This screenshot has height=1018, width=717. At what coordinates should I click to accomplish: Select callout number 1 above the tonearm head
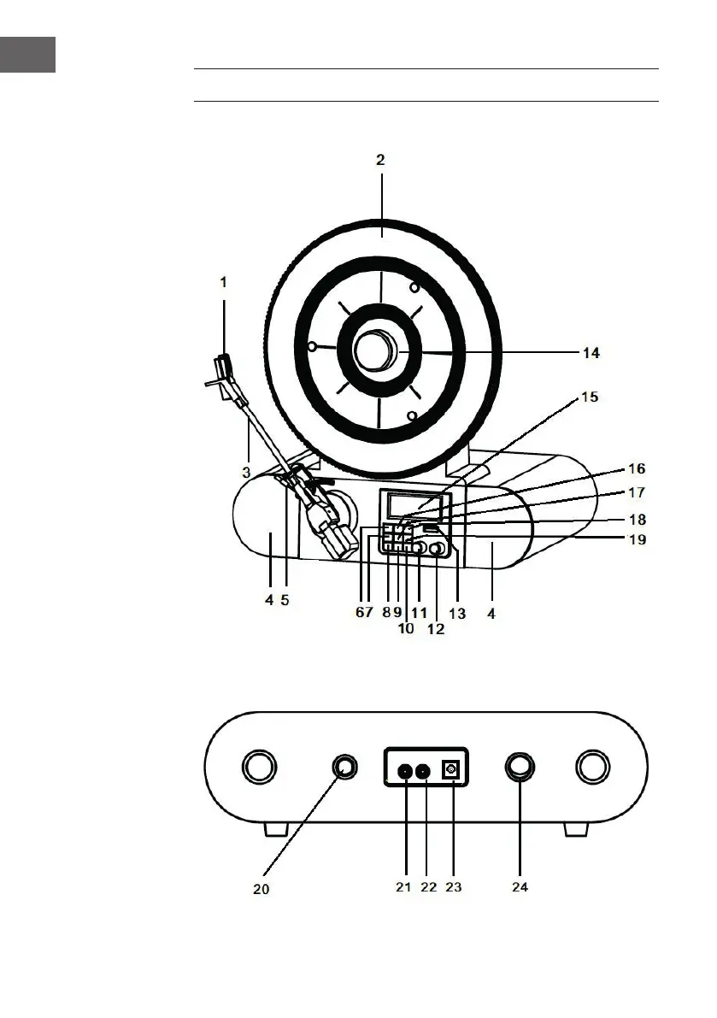(x=223, y=281)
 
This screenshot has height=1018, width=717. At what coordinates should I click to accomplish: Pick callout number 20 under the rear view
(x=262, y=889)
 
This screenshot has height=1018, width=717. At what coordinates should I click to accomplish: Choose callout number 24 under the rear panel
(x=520, y=887)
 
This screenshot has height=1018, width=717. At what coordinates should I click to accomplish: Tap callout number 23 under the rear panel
(x=454, y=887)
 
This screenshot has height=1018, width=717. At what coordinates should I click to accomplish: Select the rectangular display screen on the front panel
(x=414, y=505)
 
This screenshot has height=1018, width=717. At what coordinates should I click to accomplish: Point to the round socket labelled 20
(x=344, y=768)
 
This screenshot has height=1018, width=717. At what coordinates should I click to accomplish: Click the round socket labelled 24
(x=520, y=766)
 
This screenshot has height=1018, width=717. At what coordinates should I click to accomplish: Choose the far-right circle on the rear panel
(x=591, y=767)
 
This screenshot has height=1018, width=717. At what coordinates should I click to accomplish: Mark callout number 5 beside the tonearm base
(x=285, y=600)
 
